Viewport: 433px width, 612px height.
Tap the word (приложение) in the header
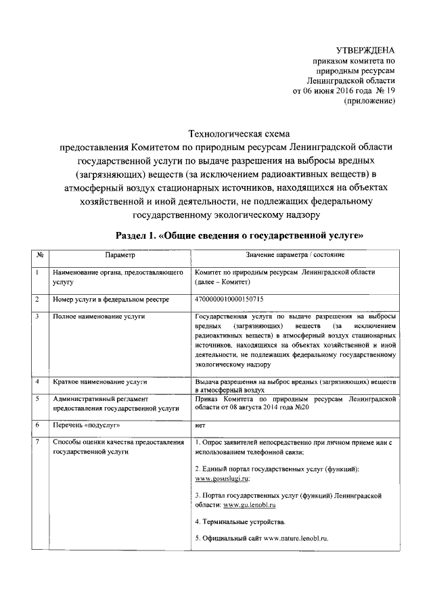click(x=369, y=101)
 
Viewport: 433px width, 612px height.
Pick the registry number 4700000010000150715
click(x=229, y=298)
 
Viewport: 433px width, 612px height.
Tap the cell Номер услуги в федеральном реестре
click(x=111, y=298)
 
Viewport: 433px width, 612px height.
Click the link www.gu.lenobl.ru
click(x=250, y=504)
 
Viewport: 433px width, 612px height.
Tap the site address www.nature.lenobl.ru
click(x=296, y=538)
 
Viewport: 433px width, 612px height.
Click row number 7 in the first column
click(x=37, y=442)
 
